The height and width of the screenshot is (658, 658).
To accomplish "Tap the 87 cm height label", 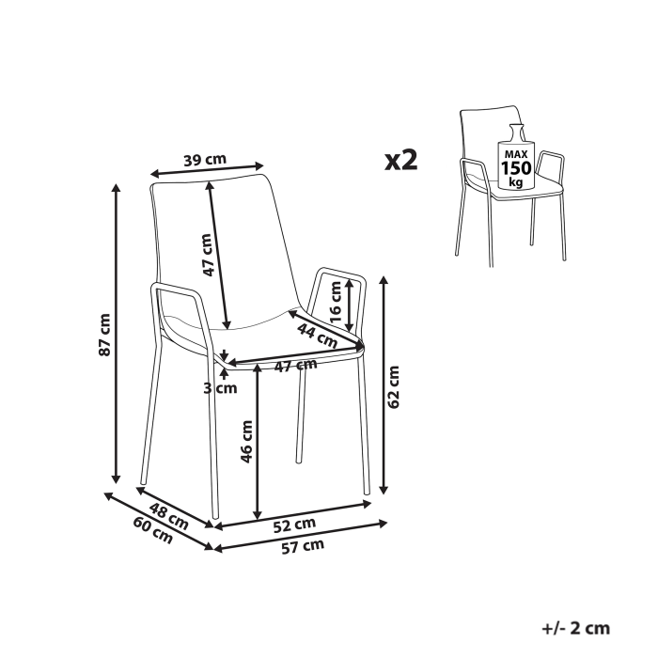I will click(105, 334).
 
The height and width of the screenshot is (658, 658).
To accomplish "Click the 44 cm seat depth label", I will click(317, 334).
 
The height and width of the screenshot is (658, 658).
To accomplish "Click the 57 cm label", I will click(304, 545).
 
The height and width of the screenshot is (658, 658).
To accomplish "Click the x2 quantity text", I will click(401, 160).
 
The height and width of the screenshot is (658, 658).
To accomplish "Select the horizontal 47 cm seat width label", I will click(294, 366).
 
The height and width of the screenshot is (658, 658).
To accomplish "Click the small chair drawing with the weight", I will click(512, 188).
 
